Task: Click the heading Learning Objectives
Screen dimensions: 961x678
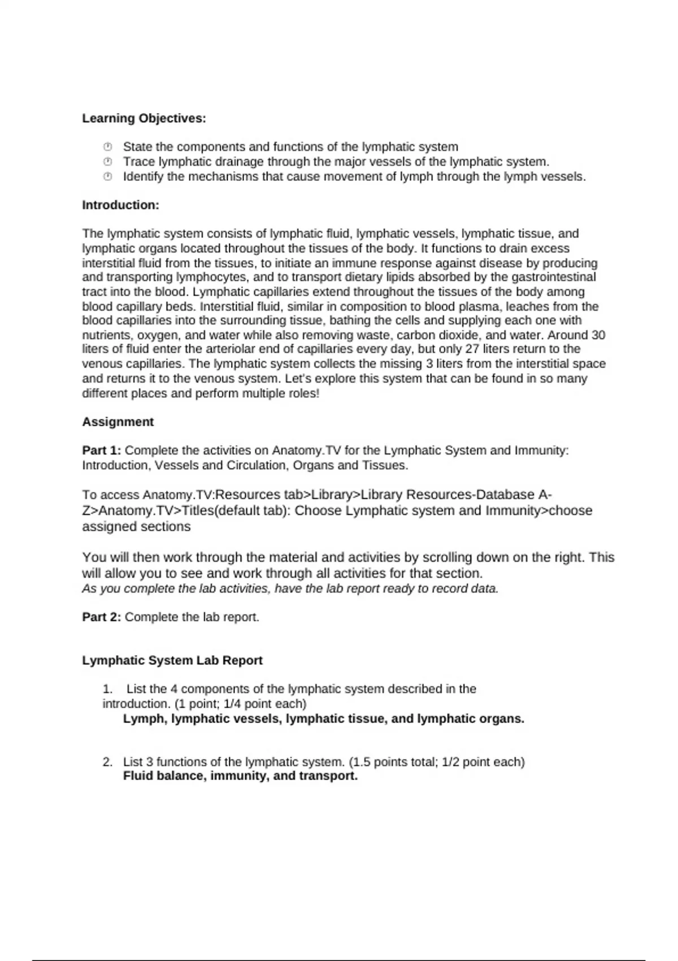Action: (144, 119)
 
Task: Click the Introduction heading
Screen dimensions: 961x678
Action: (120, 205)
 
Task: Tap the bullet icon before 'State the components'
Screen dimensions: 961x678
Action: (107, 147)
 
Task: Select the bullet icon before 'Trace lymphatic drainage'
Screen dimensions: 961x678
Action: (107, 162)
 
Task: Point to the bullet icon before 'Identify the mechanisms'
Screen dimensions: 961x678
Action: (107, 176)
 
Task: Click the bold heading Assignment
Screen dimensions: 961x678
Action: (118, 422)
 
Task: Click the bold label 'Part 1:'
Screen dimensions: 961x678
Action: (102, 451)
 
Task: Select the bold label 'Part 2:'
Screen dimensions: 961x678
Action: (102, 617)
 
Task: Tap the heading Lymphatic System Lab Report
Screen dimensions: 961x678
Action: (172, 661)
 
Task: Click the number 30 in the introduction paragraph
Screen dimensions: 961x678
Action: (598, 335)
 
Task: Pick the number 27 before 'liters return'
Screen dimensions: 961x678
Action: (472, 349)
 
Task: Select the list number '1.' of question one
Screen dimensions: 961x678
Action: (107, 689)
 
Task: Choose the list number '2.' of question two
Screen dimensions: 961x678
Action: (107, 762)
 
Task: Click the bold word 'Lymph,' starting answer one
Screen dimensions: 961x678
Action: (145, 719)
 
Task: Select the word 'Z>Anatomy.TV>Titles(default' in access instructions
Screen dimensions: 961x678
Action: (186, 511)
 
